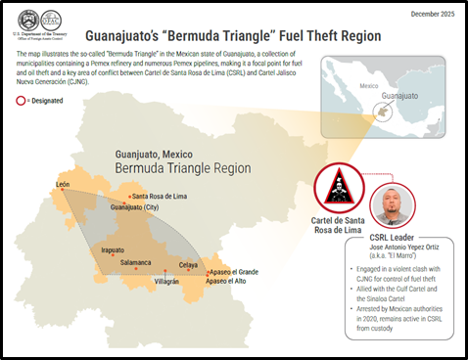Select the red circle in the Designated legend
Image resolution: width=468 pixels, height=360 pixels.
click(20, 100)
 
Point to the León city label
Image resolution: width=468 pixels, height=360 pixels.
click(64, 184)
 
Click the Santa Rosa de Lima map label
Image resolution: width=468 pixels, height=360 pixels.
click(164, 196)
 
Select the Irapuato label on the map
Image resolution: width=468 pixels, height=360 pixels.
click(114, 250)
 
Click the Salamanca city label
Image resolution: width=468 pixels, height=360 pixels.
click(136, 263)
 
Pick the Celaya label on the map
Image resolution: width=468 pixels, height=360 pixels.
click(188, 265)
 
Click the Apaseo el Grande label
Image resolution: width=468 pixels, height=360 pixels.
click(233, 271)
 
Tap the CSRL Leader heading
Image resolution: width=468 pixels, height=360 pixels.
click(391, 237)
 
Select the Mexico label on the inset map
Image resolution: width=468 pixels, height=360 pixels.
click(368, 86)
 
